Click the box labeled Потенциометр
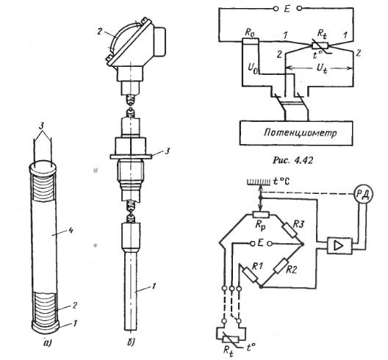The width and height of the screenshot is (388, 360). point(296,133)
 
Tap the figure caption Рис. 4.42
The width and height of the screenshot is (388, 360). point(292,160)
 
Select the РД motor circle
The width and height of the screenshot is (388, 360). point(363,194)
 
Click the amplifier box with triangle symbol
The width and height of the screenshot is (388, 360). point(339,245)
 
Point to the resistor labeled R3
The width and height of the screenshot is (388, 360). point(290,230)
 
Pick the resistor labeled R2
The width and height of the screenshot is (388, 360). point(281,266)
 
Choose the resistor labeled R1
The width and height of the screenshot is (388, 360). point(250,275)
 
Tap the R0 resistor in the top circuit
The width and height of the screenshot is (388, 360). point(250,41)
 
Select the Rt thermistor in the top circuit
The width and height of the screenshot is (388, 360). point(320,46)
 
